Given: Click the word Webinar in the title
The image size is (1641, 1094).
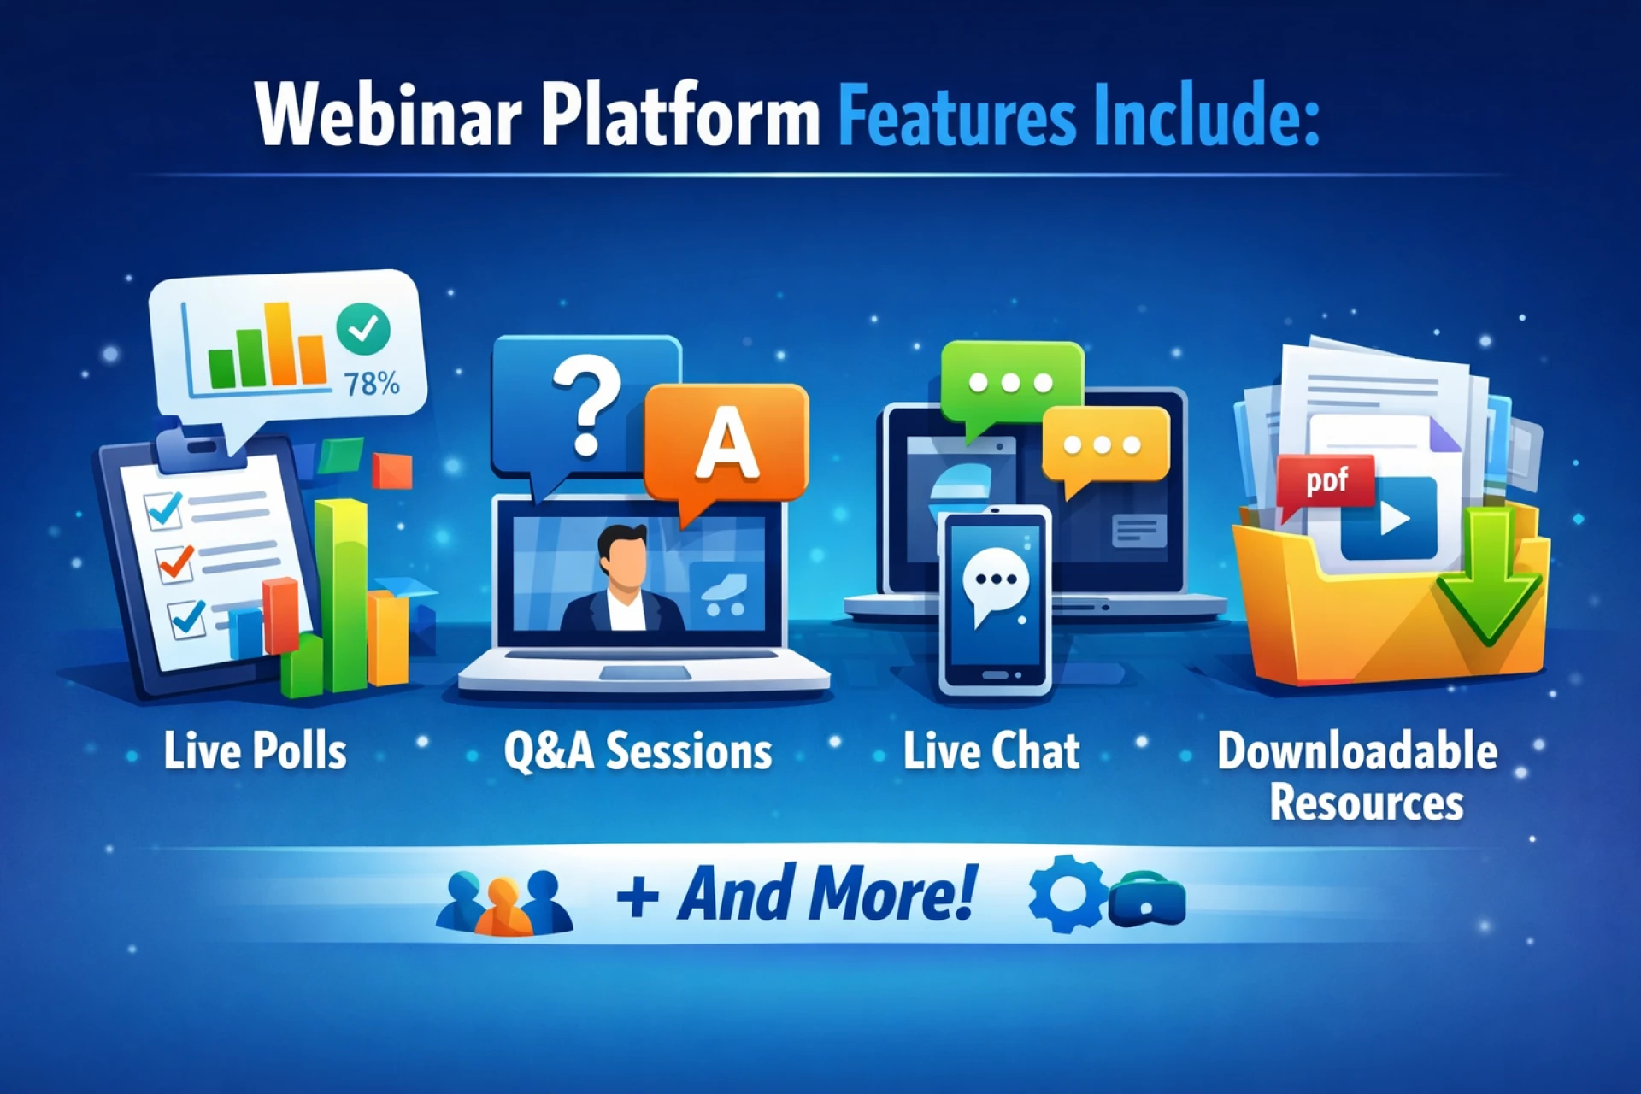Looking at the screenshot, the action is click(389, 115).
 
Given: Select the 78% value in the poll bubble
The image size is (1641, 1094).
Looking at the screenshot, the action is click(372, 384).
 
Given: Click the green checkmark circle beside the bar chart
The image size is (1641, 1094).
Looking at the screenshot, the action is click(363, 328).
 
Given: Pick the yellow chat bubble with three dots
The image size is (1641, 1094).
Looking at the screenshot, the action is click(1104, 448).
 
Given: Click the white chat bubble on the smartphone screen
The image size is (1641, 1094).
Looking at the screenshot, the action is click(995, 584).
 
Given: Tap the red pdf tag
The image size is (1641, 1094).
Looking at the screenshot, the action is click(1325, 484).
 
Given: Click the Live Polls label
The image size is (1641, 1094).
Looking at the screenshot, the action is click(255, 751).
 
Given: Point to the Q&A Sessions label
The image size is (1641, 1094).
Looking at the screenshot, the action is click(638, 751).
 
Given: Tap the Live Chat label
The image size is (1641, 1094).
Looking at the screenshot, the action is click(991, 751).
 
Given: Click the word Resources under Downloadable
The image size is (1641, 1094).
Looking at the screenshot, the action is click(1366, 803).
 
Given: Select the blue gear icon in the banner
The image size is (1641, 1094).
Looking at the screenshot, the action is click(1067, 893).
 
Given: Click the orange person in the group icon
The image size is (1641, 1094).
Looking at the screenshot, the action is click(504, 907).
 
